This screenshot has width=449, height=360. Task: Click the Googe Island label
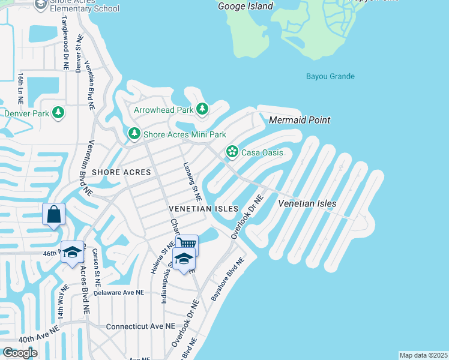tap(245, 6)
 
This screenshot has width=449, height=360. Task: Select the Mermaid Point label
tap(299, 120)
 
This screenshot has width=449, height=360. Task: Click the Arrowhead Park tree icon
tap(203, 109)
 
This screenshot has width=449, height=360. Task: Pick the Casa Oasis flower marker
tap(232, 152)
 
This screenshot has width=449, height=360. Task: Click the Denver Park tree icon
tap(58, 112)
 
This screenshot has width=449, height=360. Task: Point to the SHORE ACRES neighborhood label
tap(121, 172)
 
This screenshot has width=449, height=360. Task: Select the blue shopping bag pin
tap(53, 214)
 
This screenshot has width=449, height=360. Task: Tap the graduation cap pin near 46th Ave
tap(72, 252)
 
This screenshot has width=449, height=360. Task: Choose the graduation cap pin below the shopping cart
tap(184, 259)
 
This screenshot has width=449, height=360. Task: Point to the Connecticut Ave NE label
tap(140, 326)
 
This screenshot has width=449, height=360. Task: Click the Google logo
tap(20, 353)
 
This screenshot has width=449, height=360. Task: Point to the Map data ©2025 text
tap(423, 355)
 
